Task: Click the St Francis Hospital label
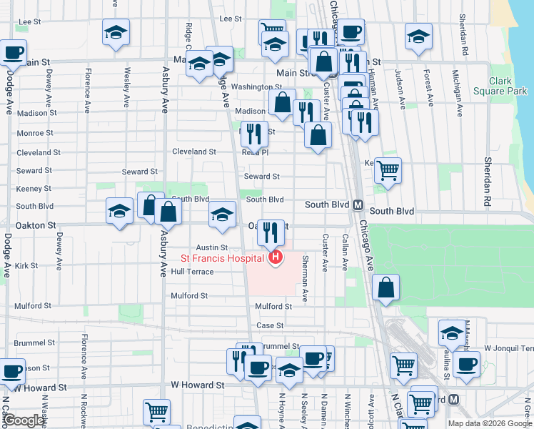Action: tap(221, 258)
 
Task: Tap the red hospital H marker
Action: tap(274, 257)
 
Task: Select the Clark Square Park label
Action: tap(508, 87)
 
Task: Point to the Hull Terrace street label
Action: tap(192, 272)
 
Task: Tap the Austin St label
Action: tap(212, 247)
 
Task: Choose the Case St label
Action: tap(270, 325)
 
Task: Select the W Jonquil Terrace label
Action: tap(508, 348)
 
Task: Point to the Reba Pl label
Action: tap(255, 152)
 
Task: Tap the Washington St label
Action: tap(257, 87)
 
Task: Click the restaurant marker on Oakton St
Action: tap(271, 232)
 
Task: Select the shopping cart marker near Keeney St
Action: tap(388, 171)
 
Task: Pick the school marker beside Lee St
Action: tap(116, 33)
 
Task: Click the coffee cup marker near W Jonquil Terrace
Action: tap(466, 363)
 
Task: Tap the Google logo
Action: tap(24, 420)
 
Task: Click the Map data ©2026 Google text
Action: tap(490, 423)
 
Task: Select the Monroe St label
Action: tap(34, 133)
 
